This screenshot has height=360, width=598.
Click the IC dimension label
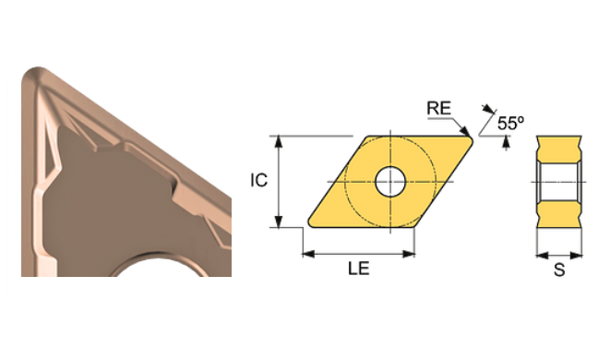pyautogui.click(x=259, y=180)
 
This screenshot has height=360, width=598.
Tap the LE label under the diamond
pyautogui.click(x=359, y=270)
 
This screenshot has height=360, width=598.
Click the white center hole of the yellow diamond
pyautogui.click(x=389, y=180)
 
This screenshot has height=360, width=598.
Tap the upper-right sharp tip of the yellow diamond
pyautogui.click(x=472, y=138)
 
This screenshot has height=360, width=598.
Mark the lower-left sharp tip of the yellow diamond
pyautogui.click(x=305, y=224)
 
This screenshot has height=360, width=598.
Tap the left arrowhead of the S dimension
pyautogui.click(x=540, y=254)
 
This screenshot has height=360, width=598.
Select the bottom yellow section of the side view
pyautogui.click(x=559, y=211)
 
